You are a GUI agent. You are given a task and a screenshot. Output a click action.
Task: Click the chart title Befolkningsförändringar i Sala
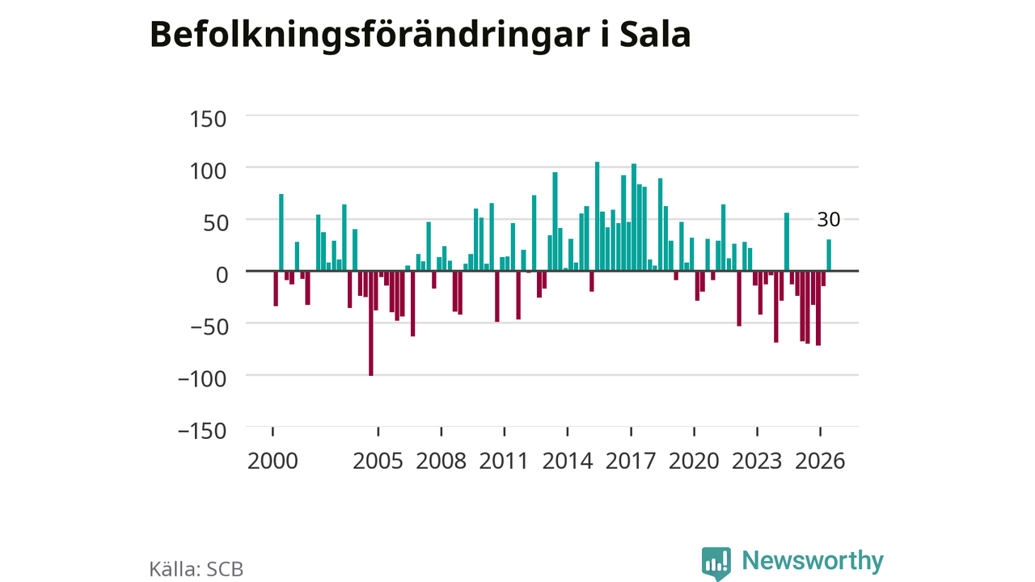coord(420,35)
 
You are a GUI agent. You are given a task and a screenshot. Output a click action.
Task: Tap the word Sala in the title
coord(655,35)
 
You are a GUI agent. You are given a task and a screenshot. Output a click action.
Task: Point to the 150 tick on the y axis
coord(208,119)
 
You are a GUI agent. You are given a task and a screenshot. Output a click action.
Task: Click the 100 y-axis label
coord(208,171)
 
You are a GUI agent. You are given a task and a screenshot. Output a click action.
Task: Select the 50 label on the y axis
coord(214,224)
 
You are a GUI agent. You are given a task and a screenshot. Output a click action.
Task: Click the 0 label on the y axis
coord(222,276)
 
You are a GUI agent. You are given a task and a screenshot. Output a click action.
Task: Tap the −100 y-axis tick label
coord(203,380)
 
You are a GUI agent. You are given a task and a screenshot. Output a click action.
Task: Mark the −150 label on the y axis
coord(203,432)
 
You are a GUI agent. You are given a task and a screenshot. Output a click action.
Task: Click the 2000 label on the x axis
coord(272,462)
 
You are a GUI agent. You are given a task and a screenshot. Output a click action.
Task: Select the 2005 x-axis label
coord(378,462)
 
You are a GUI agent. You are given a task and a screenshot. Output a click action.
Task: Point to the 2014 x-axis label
coord(568,462)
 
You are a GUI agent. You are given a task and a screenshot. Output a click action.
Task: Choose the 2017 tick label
coord(631,462)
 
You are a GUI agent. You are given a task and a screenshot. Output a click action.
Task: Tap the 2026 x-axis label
coord(820,462)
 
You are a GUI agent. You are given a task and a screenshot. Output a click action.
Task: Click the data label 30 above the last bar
coord(829,220)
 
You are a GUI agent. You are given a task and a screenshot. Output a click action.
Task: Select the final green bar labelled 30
coord(829,255)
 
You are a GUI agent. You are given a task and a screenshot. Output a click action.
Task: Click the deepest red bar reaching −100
coord(371,323)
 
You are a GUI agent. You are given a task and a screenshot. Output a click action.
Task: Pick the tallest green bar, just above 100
coord(597,216)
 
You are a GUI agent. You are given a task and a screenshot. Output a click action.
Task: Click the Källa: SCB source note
coord(196,569)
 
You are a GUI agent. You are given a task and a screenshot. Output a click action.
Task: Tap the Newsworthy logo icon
coord(716,563)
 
